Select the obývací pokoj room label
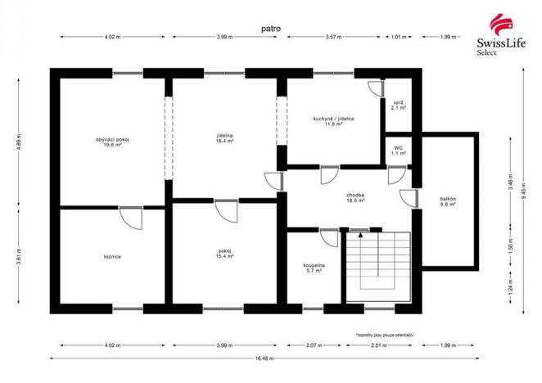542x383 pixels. (x=113, y=142)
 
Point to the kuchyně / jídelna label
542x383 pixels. (x=333, y=122)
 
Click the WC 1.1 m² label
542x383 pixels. (x=398, y=151)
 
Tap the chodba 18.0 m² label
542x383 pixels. (x=355, y=198)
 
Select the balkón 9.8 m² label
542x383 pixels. (x=446, y=202)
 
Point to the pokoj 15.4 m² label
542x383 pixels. (x=225, y=254)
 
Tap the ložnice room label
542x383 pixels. (x=113, y=257)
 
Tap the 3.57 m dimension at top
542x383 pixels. (x=333, y=37)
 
